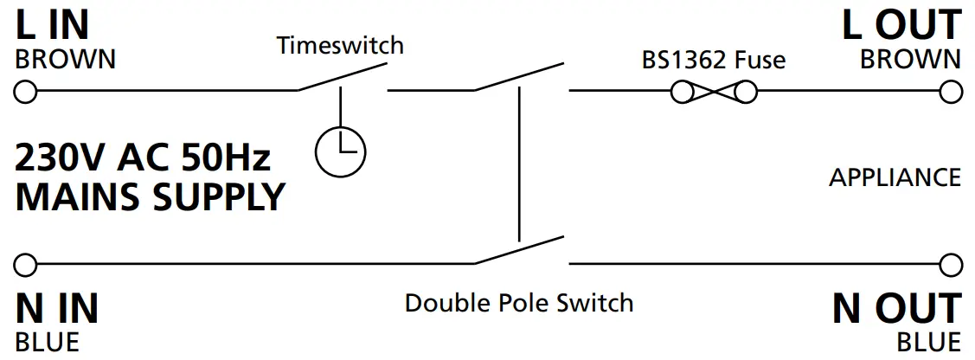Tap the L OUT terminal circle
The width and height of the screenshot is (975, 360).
click(952, 91)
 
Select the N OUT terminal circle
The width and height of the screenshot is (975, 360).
click(952, 263)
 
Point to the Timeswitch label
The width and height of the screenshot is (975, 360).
click(340, 45)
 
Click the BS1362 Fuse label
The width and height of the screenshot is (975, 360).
click(713, 60)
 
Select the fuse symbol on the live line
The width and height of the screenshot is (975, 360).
click(714, 91)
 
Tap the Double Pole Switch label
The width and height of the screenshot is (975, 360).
click(519, 303)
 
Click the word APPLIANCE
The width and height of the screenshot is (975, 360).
click(895, 177)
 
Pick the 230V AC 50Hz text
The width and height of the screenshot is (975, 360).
click(144, 158)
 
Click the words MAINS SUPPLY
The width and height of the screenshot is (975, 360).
click(150, 197)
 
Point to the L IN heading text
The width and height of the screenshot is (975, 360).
click(53, 26)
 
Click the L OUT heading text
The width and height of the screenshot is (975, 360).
click(901, 26)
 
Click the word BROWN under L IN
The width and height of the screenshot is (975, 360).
click(66, 60)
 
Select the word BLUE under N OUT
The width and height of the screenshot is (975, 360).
click(928, 342)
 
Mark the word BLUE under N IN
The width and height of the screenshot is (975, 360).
click(48, 342)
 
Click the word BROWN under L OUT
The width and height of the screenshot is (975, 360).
click(910, 60)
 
